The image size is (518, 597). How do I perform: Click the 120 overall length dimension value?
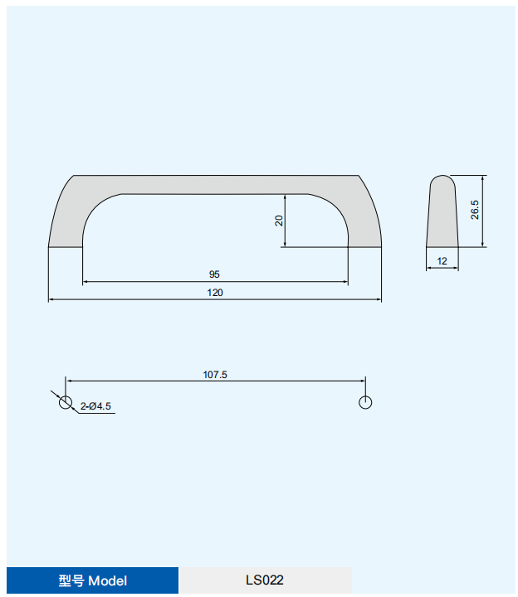(x=215, y=293)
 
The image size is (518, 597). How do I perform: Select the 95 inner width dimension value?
(x=214, y=274)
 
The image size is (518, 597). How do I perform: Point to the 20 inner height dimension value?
(x=279, y=221)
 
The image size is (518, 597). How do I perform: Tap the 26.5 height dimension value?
(x=475, y=210)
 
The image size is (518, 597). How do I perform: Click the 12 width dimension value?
(x=442, y=261)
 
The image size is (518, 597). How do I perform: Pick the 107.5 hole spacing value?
(x=215, y=375)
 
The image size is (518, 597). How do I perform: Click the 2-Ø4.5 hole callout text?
(x=95, y=406)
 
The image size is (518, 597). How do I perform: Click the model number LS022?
(x=265, y=580)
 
